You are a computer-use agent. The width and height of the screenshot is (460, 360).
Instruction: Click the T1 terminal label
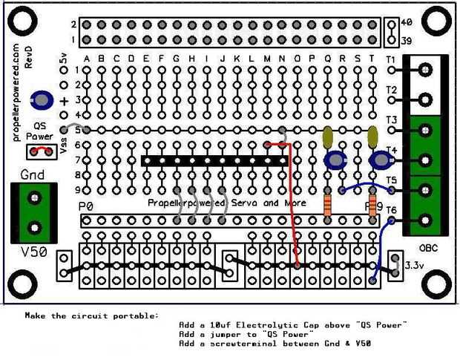391,59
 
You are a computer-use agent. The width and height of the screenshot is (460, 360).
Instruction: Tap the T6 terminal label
391,211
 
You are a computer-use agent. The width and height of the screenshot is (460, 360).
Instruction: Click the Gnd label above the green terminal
33,175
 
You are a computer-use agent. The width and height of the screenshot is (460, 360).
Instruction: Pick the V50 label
34,252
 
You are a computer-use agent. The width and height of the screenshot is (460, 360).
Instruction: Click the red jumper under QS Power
42,151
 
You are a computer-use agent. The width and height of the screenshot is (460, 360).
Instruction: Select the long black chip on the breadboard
215,160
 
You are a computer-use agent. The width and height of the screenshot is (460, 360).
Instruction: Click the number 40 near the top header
406,24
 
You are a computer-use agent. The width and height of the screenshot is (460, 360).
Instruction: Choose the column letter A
88,59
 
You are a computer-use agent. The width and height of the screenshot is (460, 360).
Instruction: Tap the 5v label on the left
64,57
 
